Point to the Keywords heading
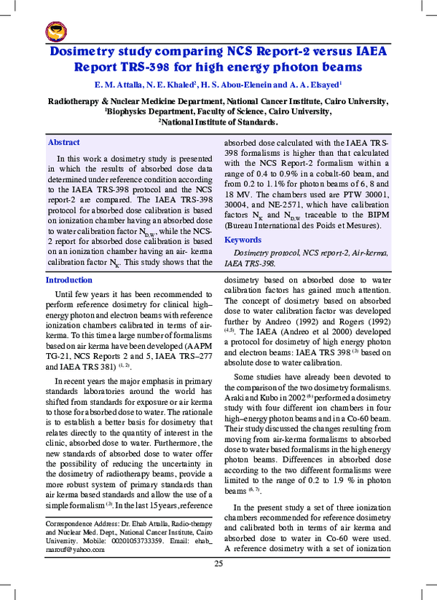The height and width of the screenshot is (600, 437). (x=243, y=240)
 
